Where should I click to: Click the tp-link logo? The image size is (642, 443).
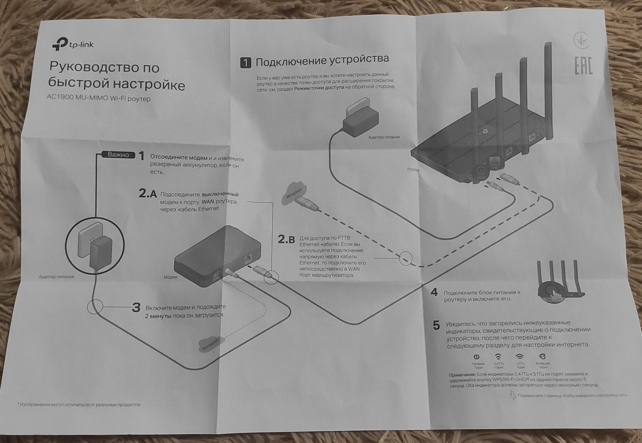point(73,44)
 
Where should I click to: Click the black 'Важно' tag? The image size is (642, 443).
point(118,155)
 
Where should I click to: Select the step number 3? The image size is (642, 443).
point(136,308)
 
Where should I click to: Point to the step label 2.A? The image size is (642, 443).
point(148,193)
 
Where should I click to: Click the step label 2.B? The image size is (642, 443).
point(286,240)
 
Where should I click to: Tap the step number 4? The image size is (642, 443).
point(434,292)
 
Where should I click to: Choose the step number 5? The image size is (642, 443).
point(436,325)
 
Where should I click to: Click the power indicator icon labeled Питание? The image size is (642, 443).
point(476,357)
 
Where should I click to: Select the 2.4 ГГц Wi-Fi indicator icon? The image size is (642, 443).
point(498,357)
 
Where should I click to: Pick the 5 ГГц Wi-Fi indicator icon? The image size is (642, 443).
point(520,356)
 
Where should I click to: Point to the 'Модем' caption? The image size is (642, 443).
point(170,277)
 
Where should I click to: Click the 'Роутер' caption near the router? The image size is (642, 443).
point(413,170)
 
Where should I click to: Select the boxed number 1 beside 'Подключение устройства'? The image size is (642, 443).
point(245,63)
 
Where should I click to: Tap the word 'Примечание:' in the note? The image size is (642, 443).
point(462,375)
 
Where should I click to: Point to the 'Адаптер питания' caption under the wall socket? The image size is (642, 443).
point(56,277)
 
